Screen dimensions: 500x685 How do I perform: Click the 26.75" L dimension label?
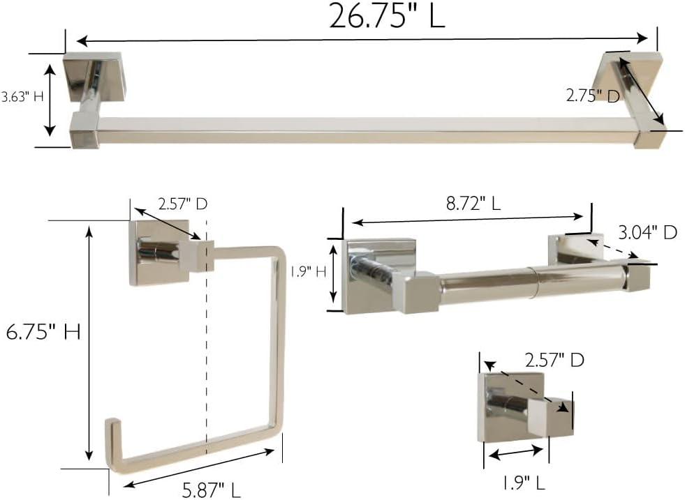tap(387, 16)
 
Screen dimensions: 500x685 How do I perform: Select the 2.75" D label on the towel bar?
tap(592, 96)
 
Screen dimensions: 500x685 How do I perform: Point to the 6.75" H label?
tap(43, 333)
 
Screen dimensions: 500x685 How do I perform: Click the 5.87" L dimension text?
tap(212, 491)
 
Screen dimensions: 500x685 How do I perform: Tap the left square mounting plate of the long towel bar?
tap(82, 75)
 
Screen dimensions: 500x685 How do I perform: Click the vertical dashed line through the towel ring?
tap(207, 349)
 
